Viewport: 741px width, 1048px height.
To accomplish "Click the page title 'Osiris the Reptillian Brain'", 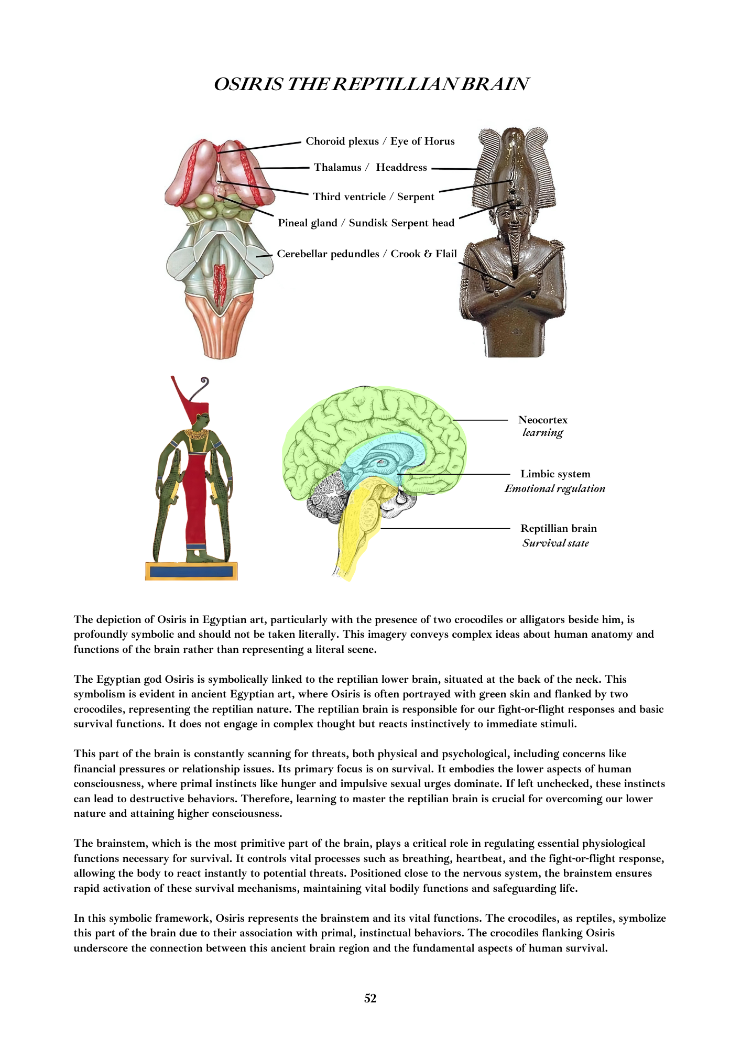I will click(371, 84).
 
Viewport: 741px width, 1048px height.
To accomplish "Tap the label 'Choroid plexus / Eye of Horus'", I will click(380, 141).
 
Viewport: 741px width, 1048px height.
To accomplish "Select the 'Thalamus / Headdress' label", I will click(370, 167).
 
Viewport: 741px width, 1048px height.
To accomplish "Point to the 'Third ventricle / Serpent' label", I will click(373, 196).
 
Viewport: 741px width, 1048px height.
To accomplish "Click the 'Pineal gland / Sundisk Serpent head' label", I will click(366, 223).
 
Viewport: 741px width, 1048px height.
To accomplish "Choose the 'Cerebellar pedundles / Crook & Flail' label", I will click(367, 254).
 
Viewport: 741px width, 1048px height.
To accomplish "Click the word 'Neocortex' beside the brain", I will click(542, 420).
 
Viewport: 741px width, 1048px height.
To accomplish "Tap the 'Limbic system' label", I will click(555, 474).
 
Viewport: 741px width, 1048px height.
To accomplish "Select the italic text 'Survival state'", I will click(555, 543).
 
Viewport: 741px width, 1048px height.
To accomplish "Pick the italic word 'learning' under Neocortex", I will click(542, 433).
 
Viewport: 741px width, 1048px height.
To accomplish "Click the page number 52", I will click(370, 998).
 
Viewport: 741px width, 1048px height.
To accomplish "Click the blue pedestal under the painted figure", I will click(191, 571).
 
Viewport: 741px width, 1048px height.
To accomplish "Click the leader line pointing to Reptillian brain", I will click(445, 529).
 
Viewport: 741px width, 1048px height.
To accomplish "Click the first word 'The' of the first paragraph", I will click(83, 619).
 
